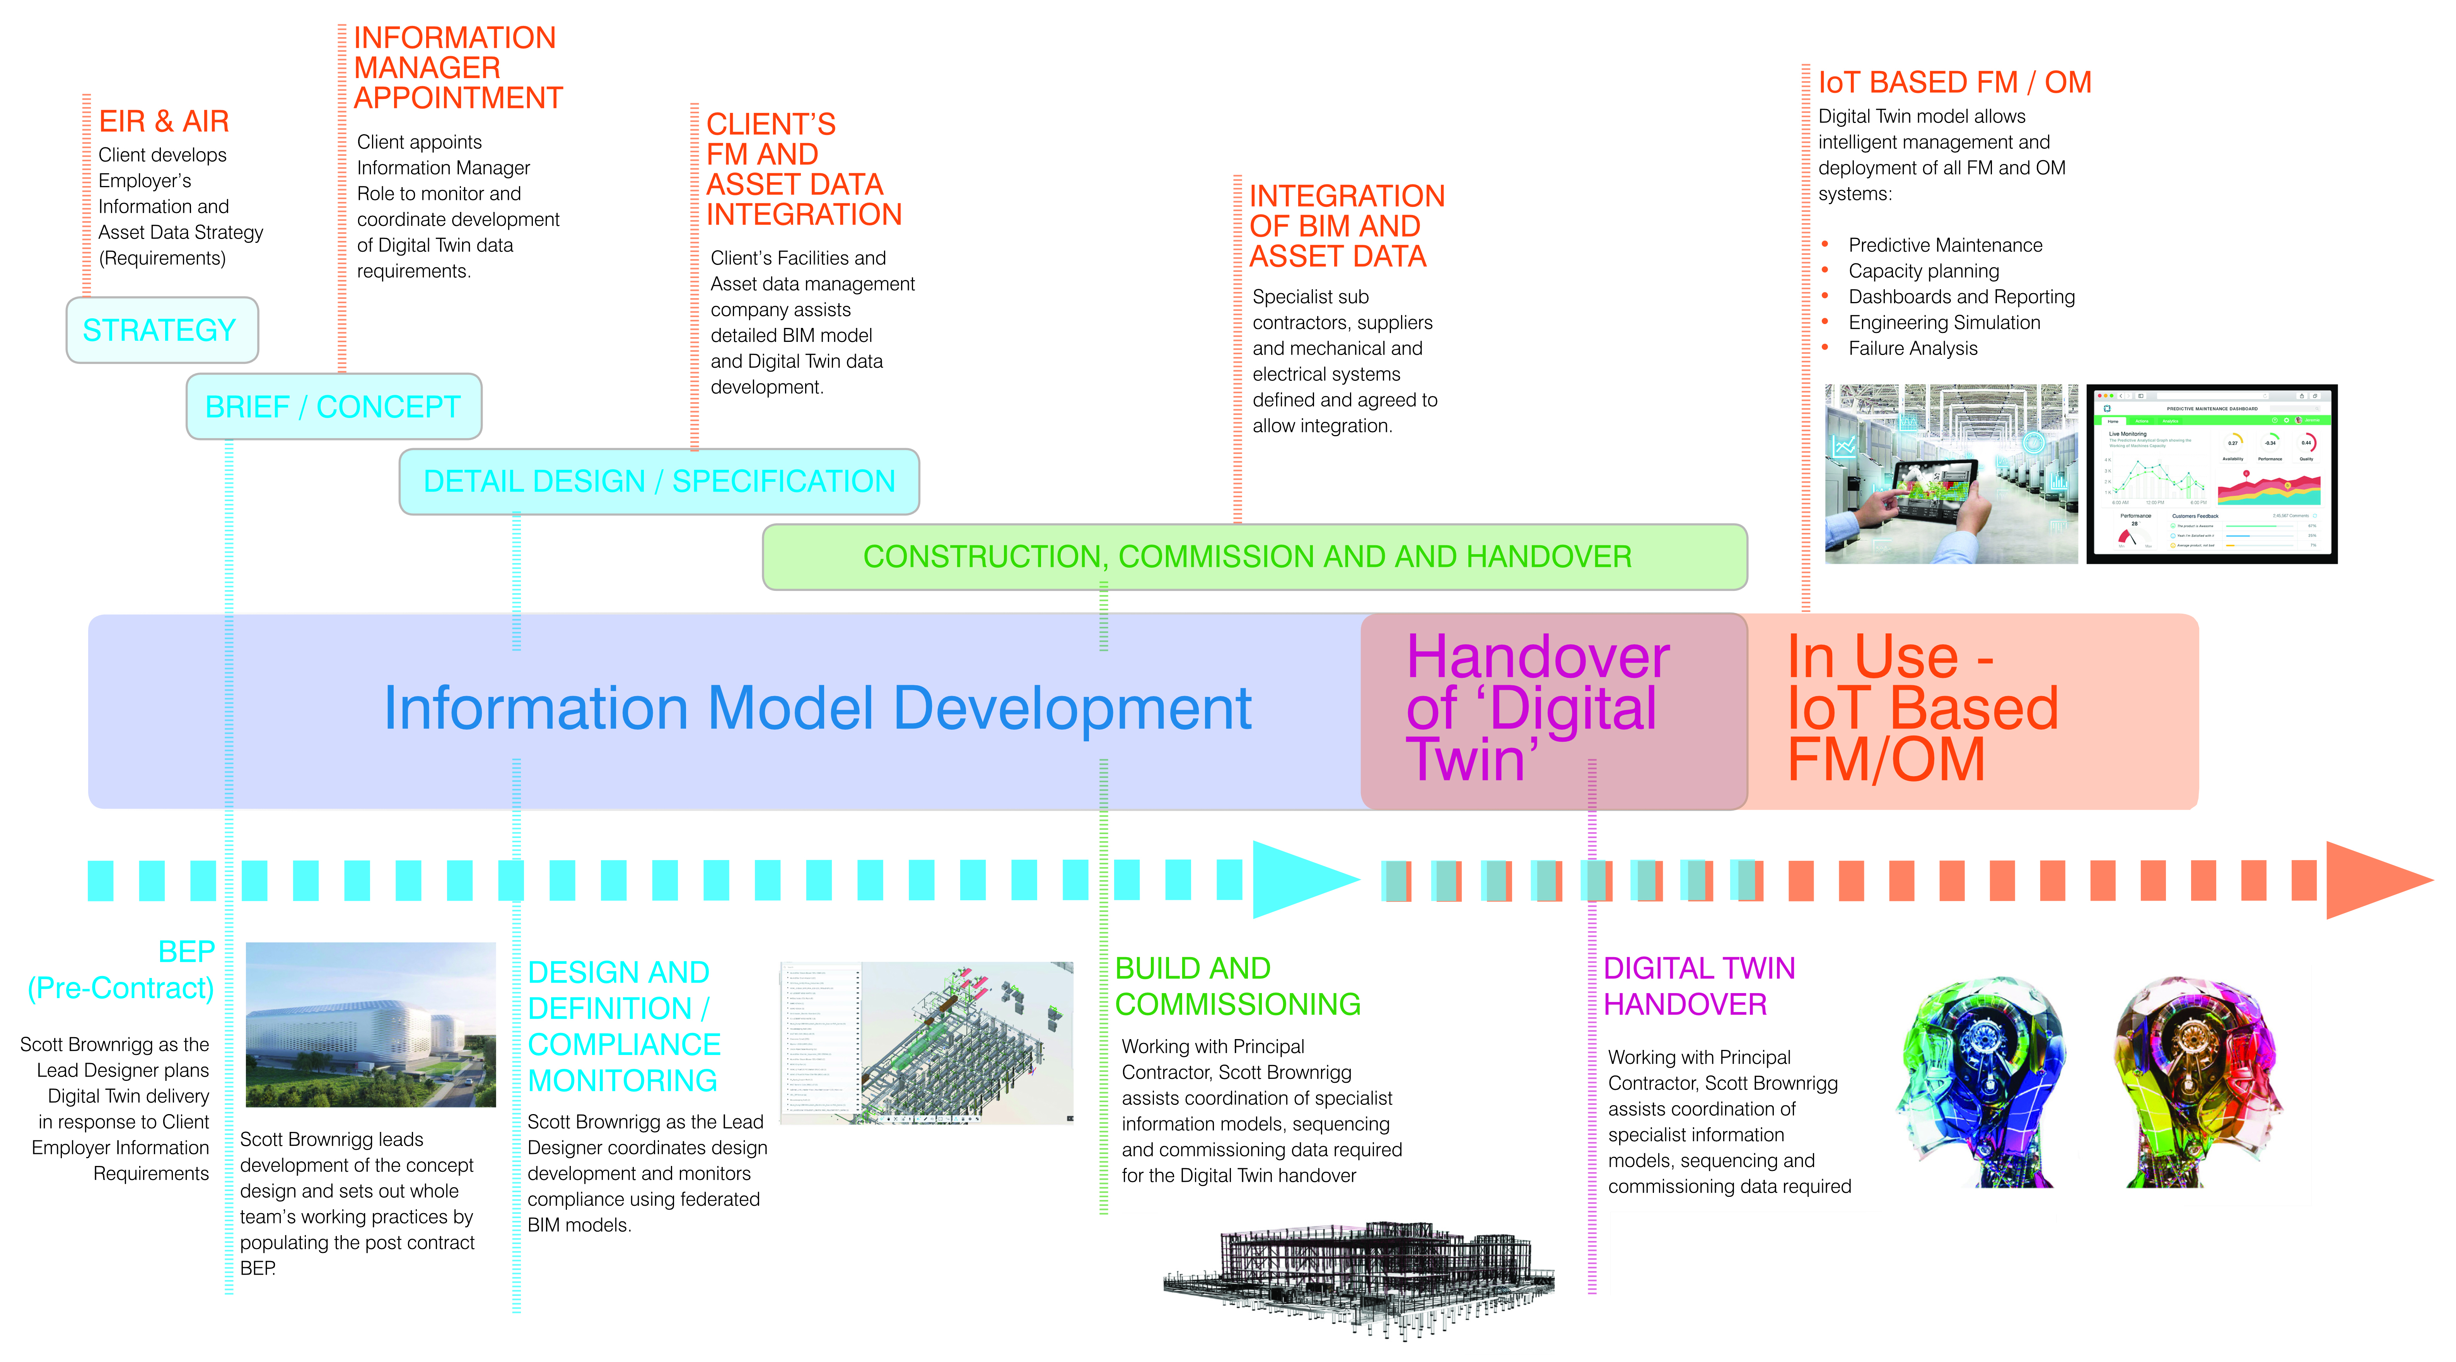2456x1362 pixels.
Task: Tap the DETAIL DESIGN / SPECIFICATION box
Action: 659,481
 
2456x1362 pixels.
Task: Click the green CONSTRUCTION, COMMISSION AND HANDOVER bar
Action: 1254,556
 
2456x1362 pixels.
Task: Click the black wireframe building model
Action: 1359,1277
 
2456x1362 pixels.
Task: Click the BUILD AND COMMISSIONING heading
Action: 1237,987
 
